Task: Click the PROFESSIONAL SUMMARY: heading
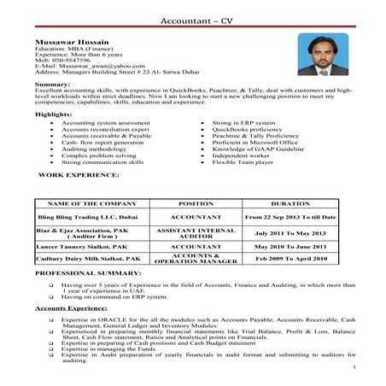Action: click(81, 272)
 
